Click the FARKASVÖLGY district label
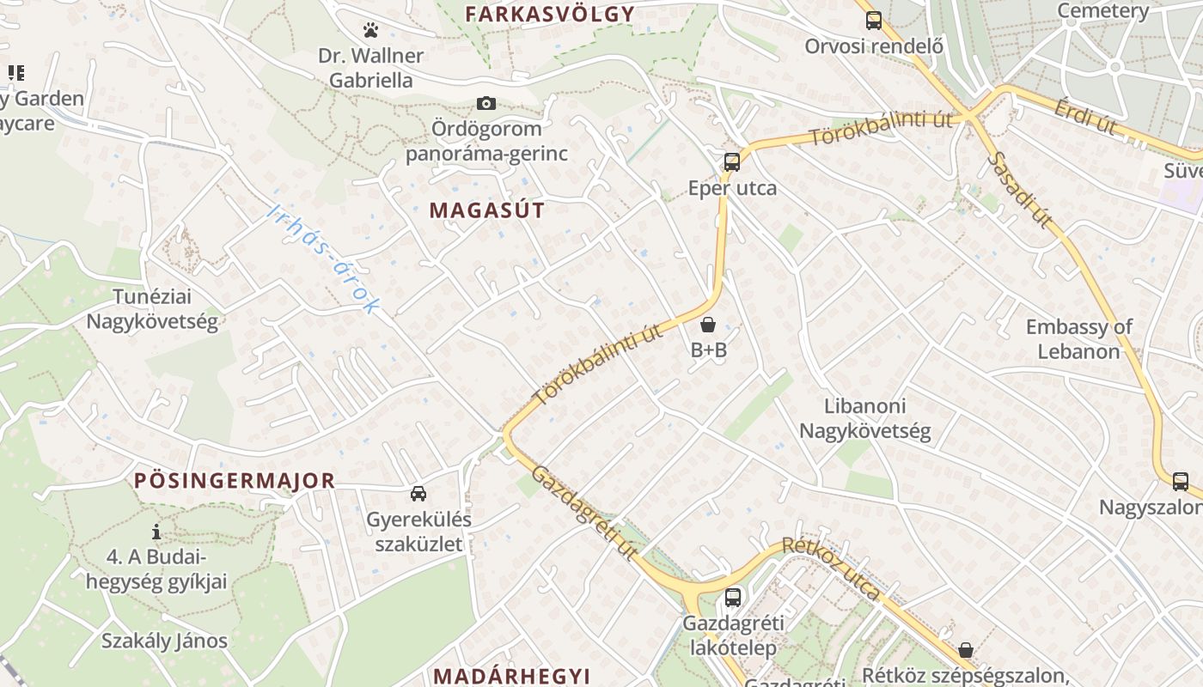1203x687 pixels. coord(549,14)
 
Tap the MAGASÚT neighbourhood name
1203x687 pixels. coord(487,210)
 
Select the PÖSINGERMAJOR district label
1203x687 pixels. coord(235,481)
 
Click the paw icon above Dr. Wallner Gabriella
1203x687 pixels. coord(370,31)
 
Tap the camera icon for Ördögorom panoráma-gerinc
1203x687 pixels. coord(486,104)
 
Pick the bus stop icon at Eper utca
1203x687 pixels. coord(732,161)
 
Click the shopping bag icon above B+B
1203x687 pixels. coord(708,325)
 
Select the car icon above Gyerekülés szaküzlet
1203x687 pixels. coord(418,493)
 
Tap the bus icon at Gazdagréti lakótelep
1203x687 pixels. coord(733,597)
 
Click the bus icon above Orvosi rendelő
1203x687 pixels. coord(874,21)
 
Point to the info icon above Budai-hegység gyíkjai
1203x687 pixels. coord(156,532)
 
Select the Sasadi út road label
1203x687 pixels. coord(1020,191)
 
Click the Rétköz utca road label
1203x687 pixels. coord(830,568)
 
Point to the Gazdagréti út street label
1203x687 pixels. coord(584,514)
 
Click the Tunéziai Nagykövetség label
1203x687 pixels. coord(152,309)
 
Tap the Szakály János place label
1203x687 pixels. coord(164,641)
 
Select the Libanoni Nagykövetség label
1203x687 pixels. coord(865,418)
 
